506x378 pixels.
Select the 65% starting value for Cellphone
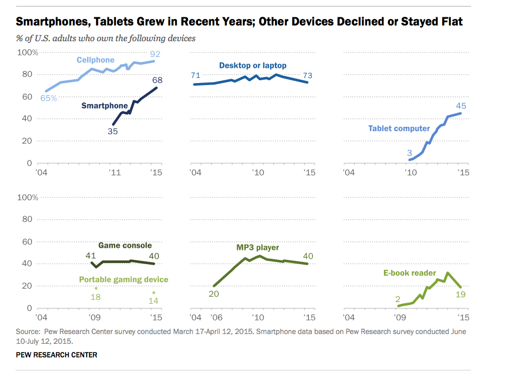[x=48, y=98]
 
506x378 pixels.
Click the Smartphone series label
[x=105, y=106]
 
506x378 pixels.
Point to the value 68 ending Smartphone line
[x=157, y=80]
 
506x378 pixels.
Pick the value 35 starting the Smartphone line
[x=112, y=131]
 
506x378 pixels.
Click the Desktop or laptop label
[x=253, y=66]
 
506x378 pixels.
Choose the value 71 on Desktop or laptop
[x=195, y=75]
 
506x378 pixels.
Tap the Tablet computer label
[x=399, y=129]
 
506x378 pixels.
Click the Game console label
[x=125, y=245]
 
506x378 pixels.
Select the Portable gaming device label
[x=124, y=279]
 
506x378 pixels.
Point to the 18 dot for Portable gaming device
[x=96, y=288]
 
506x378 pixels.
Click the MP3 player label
[x=258, y=247]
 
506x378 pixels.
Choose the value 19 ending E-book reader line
[x=461, y=294]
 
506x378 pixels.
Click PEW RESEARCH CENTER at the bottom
[x=56, y=355]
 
